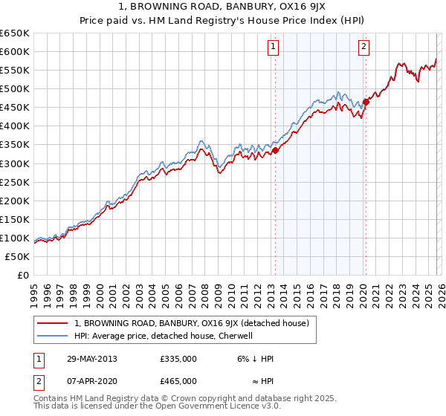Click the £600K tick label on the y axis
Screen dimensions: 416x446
point(15,51)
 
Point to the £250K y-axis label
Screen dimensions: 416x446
point(15,182)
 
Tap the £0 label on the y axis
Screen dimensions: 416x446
point(23,275)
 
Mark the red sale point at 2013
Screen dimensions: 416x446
point(275,150)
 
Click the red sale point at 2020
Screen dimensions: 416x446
point(366,102)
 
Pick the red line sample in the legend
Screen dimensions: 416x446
point(53,323)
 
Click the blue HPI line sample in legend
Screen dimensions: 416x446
point(53,336)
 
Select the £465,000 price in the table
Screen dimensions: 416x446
point(178,381)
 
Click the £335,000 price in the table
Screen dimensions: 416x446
point(178,359)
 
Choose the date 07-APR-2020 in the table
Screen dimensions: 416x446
point(91,381)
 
